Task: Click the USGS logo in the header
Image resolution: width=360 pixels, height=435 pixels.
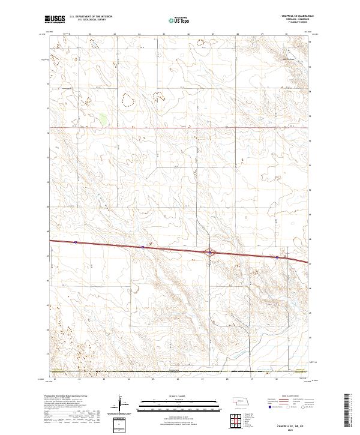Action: (55, 19)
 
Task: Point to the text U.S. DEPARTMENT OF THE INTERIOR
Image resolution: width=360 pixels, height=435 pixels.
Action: (91, 17)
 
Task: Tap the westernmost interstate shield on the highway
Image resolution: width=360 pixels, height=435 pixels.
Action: (76, 242)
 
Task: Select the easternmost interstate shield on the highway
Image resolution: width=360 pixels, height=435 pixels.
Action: (277, 257)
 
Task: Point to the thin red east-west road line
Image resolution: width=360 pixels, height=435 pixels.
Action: (180, 127)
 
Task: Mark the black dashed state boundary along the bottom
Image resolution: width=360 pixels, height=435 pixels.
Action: (180, 371)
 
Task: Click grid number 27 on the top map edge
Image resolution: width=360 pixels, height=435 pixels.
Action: (213, 35)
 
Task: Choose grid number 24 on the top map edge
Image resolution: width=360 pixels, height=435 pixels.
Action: (139, 35)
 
